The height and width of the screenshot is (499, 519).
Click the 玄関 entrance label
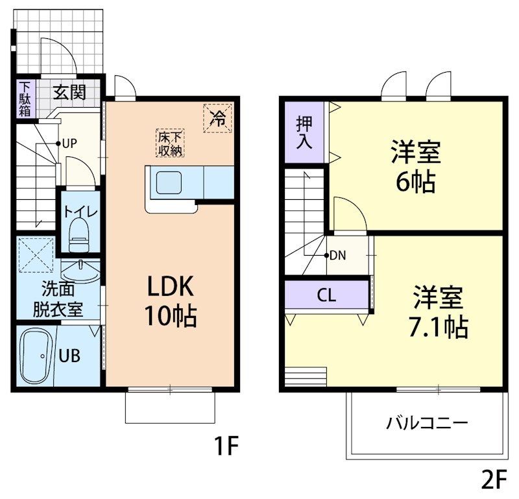[x=69, y=91]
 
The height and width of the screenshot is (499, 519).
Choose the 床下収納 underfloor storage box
[x=169, y=143]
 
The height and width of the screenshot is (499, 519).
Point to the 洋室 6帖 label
[x=416, y=167]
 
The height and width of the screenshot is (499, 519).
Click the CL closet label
[x=326, y=295]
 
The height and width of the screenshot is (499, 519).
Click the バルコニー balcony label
[x=427, y=424]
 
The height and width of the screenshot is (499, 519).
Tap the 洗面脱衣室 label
[x=58, y=298]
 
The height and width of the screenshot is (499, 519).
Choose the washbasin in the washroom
[x=80, y=267]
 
